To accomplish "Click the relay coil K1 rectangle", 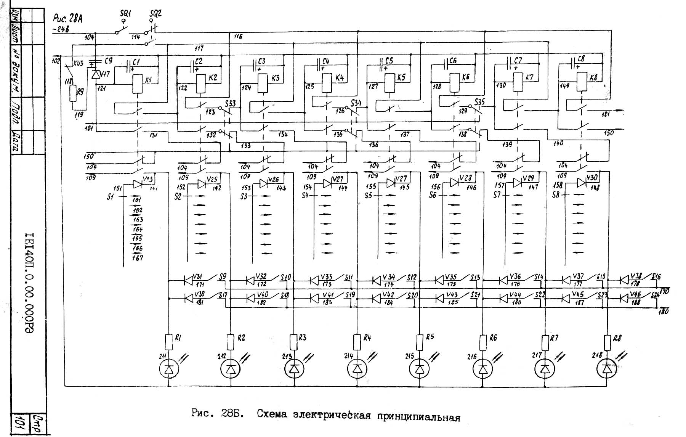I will coord(138,84).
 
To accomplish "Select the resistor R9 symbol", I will coord(73,93).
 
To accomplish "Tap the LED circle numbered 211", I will coord(168,369).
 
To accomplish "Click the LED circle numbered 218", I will coord(606,369).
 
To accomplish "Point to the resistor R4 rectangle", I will coord(357,342).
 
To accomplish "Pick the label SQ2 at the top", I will coord(155,13).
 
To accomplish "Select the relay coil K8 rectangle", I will coord(582,82).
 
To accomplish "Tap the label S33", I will coord(230,103).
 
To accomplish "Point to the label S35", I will coord(479,102).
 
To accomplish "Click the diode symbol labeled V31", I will coord(188,281).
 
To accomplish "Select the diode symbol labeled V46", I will coord(624,298).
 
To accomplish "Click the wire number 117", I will coord(199,48).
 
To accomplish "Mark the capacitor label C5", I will coord(389,61).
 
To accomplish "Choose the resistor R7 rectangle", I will coord(545,342).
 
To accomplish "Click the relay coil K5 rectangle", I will coord(389,83).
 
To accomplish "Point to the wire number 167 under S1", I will coord(138,258).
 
